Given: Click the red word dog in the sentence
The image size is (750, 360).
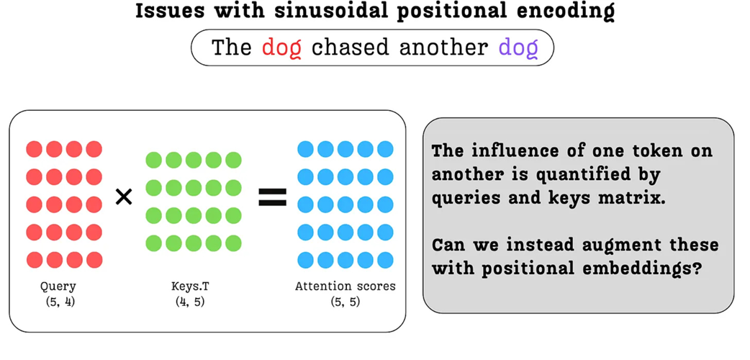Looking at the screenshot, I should (x=281, y=48).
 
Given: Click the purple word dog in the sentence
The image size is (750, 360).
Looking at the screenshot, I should (x=518, y=48).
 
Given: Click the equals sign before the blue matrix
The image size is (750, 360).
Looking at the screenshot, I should (x=272, y=197).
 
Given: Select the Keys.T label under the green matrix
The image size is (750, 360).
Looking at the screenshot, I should (x=191, y=287).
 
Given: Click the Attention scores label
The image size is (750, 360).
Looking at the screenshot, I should (x=345, y=287).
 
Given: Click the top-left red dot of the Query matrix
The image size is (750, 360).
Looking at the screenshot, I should (x=35, y=149).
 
